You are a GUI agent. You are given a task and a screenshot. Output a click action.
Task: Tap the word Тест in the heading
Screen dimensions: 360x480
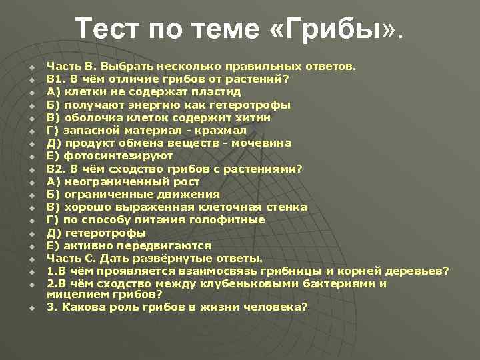(x=109, y=29)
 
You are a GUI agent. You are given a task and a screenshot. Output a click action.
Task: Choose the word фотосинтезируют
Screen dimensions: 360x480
(x=119, y=155)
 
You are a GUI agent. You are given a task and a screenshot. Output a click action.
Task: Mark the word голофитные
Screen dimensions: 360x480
(x=232, y=219)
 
